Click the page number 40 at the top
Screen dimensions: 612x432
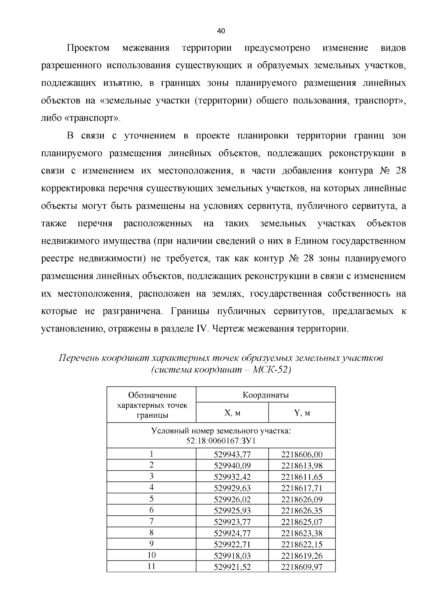point(221,31)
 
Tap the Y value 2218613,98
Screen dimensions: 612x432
point(302,466)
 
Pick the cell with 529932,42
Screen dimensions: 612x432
point(232,477)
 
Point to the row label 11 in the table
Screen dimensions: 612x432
point(152,566)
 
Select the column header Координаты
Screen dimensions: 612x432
point(266,395)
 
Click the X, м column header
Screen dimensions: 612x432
point(232,413)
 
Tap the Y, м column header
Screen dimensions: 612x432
point(302,413)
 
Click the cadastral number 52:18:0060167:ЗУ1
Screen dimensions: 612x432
point(221,441)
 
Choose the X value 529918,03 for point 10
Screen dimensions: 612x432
point(232,555)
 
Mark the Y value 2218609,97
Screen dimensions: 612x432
point(302,567)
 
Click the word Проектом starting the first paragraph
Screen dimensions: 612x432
point(88,48)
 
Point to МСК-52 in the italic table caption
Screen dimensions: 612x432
point(270,370)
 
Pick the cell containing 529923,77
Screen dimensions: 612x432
point(232,522)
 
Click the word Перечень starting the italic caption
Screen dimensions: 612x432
point(78,358)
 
